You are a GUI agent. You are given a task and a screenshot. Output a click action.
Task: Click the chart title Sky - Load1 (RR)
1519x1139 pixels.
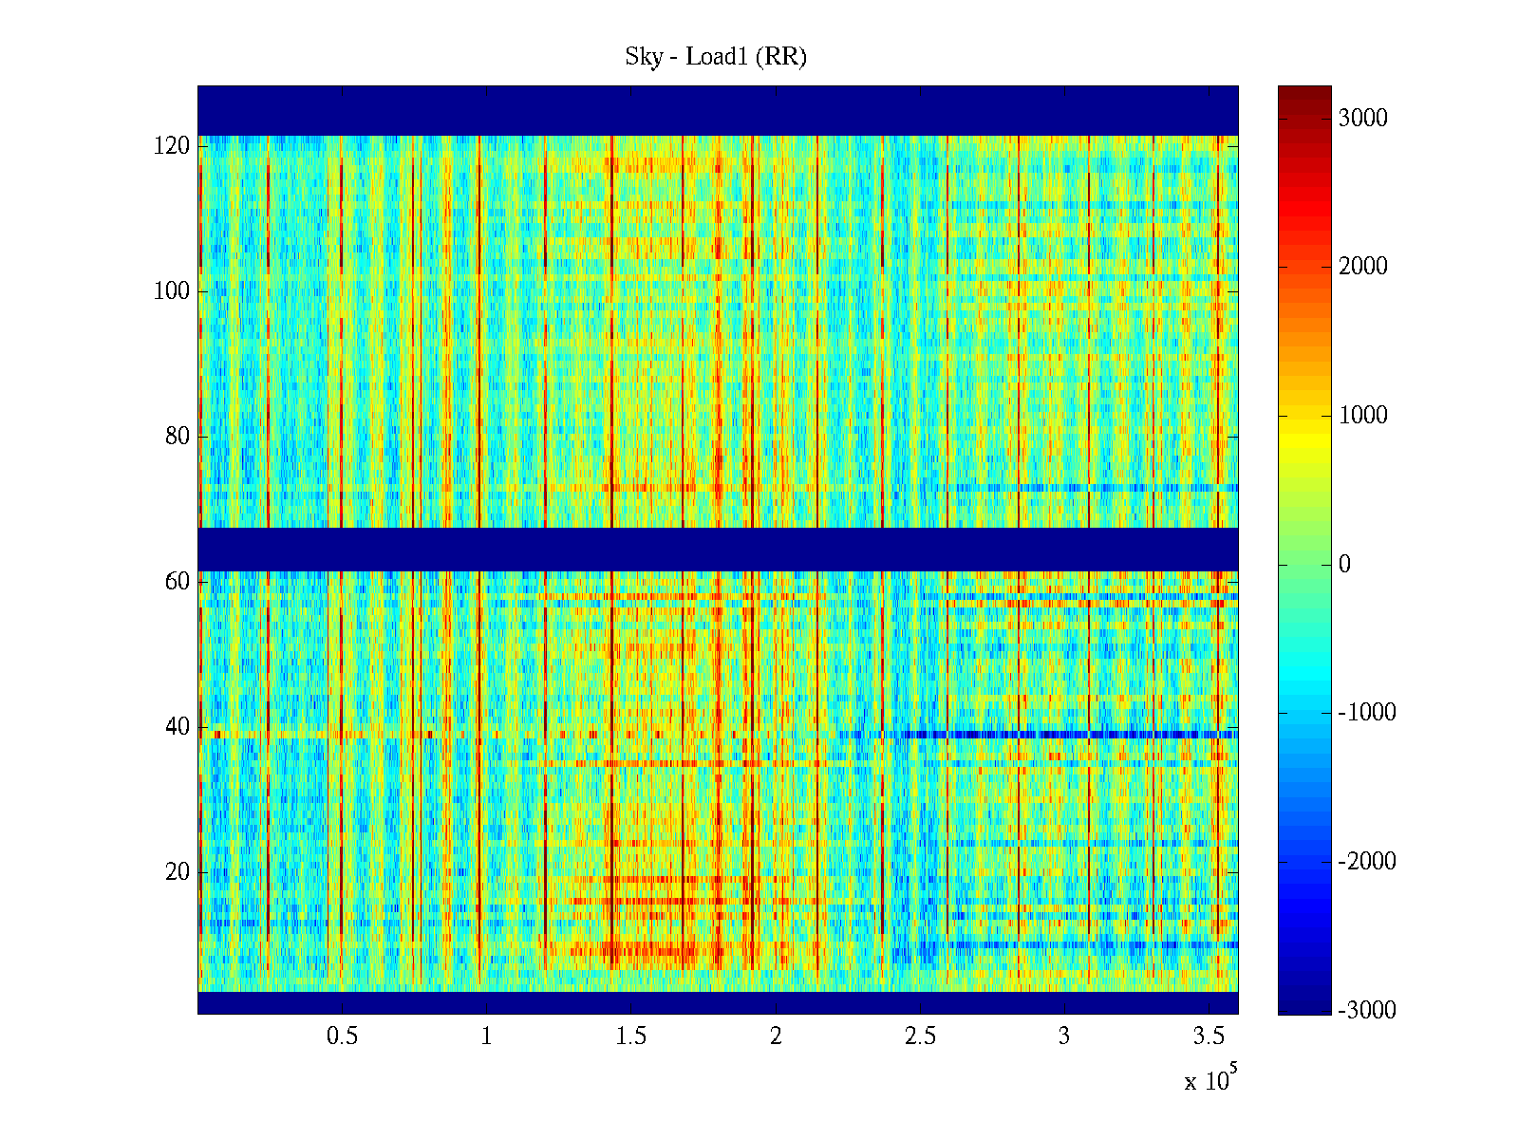pyautogui.click(x=715, y=57)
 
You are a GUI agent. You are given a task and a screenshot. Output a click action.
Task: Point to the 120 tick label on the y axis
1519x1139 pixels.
pyautogui.click(x=172, y=146)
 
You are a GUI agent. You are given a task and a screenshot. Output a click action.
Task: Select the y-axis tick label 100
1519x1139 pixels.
pyautogui.click(x=172, y=291)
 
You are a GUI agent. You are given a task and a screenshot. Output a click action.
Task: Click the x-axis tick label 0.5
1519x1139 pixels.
pyautogui.click(x=342, y=1036)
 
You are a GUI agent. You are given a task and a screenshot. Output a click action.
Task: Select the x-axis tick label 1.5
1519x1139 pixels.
pyautogui.click(x=631, y=1036)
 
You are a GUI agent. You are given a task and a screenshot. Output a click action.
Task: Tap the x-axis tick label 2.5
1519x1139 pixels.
pyautogui.click(x=920, y=1036)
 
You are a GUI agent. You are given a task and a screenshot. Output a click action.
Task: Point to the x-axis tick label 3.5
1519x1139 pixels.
pyautogui.click(x=1209, y=1036)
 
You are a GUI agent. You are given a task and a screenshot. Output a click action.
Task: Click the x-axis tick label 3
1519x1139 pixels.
pyautogui.click(x=1064, y=1036)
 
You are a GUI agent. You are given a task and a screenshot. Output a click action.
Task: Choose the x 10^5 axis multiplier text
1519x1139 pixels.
pyautogui.click(x=1210, y=1079)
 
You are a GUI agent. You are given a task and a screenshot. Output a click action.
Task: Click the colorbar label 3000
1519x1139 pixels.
pyautogui.click(x=1363, y=118)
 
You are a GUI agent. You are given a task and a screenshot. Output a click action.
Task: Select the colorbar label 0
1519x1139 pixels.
pyautogui.click(x=1344, y=565)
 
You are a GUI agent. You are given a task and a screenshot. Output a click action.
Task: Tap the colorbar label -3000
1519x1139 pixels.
pyautogui.click(x=1367, y=1010)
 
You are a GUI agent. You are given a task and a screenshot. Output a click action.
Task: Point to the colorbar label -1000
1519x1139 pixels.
pyautogui.click(x=1367, y=713)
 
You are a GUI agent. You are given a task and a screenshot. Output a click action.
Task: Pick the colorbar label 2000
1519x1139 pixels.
pyautogui.click(x=1363, y=267)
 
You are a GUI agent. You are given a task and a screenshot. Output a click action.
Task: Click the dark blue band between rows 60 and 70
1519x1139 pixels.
pyautogui.click(x=718, y=549)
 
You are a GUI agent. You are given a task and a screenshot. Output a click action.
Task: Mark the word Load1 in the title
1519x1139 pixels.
pyautogui.click(x=717, y=57)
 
